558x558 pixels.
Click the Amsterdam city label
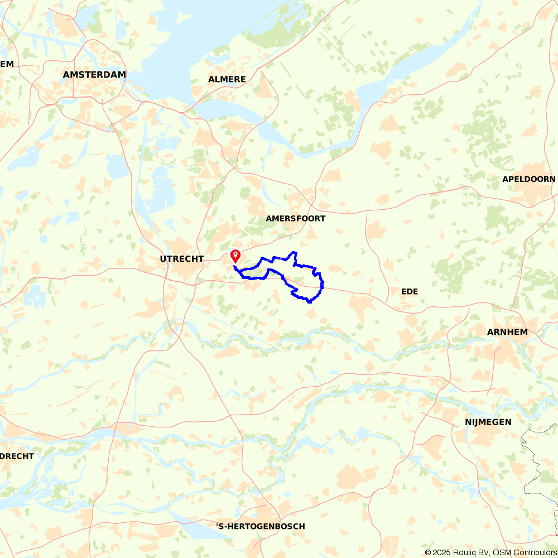click(94, 74)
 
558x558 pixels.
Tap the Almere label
click(227, 79)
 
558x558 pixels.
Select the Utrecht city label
click(181, 259)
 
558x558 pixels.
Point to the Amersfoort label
click(295, 219)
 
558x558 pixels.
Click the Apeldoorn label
click(528, 179)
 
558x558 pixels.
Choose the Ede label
click(410, 291)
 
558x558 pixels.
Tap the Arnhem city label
click(507, 332)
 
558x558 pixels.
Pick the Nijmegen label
click(488, 422)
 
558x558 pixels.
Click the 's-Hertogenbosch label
click(261, 526)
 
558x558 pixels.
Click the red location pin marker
click(235, 256)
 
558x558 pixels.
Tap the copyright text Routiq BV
click(469, 552)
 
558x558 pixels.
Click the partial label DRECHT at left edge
click(17, 456)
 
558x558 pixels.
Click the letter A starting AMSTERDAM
click(66, 74)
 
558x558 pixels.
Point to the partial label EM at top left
click(7, 64)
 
